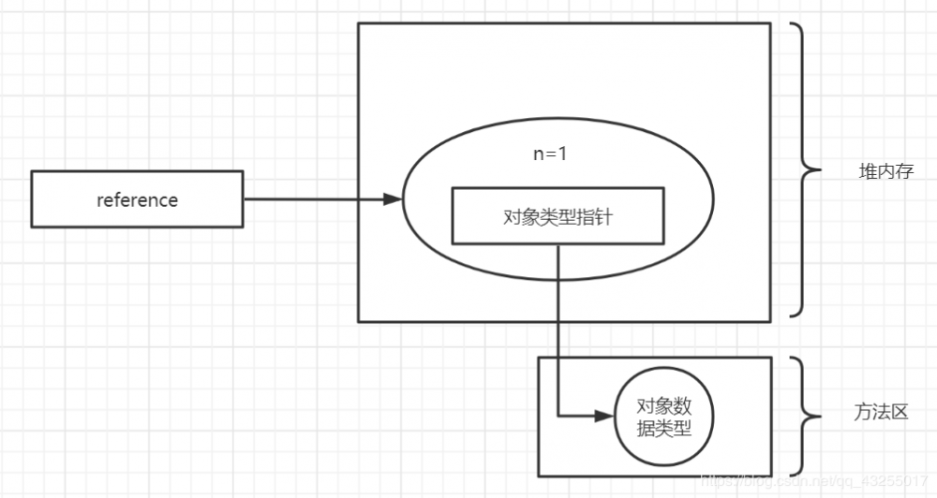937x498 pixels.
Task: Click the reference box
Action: pos(137,198)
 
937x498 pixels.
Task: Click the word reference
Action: pos(137,199)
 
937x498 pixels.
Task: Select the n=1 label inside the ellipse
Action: pos(550,154)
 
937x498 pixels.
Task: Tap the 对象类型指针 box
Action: pos(558,216)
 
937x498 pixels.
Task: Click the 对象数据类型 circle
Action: pos(664,417)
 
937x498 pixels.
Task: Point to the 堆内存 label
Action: pos(885,172)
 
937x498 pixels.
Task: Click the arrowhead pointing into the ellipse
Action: pos(394,199)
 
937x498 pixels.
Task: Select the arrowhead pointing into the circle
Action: pos(604,416)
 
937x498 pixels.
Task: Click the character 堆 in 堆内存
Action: pos(868,172)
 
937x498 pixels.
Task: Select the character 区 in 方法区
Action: pos(901,412)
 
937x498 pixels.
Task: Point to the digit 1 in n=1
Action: pos(562,154)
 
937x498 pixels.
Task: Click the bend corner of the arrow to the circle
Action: pos(558,416)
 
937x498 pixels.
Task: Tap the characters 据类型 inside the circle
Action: pos(664,429)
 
